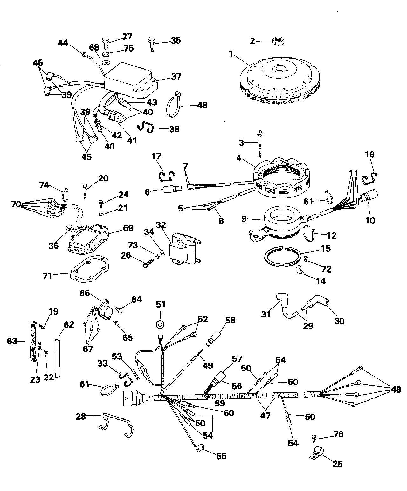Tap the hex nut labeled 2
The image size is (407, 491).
(279, 41)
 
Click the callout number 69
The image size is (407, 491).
(128, 228)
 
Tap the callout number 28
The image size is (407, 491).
(81, 416)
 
